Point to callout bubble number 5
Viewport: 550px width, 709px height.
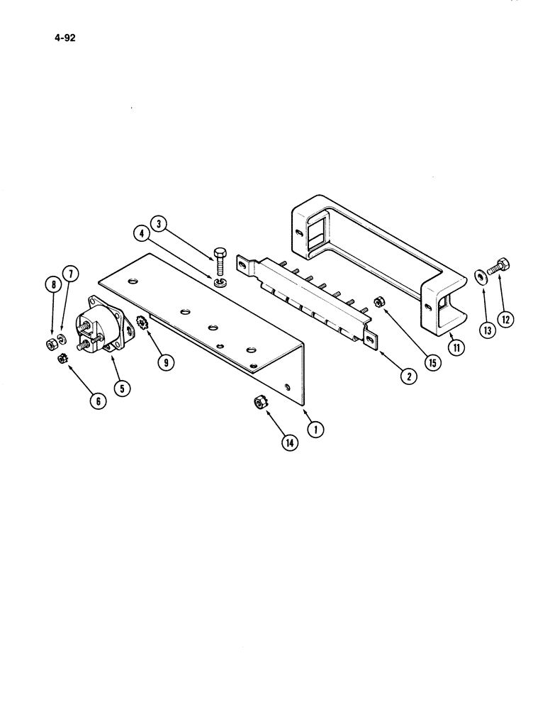(124, 388)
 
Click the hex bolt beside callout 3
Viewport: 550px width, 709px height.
(219, 262)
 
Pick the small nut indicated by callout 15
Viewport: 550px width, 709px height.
(379, 303)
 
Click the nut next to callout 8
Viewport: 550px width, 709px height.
(52, 345)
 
